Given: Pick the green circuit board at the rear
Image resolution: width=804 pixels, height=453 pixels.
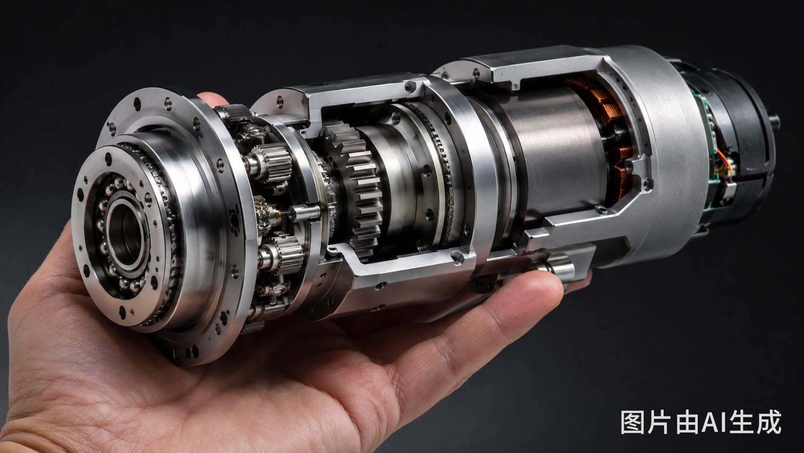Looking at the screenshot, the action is (x=709, y=151).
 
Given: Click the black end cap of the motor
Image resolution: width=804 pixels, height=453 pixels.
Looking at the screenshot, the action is (x=740, y=143).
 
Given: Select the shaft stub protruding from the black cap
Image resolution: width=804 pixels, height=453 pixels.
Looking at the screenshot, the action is (x=774, y=121).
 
